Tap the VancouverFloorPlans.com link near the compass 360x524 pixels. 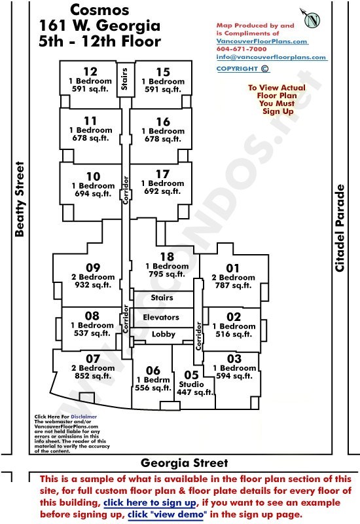262,41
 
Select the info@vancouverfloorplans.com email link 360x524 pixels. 271,57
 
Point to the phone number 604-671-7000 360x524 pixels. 241,48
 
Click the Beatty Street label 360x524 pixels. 20,199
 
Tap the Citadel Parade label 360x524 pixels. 339,228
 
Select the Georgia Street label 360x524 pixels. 184,463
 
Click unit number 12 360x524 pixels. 90,71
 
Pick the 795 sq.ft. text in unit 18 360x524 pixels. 167,274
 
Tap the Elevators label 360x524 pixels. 161,317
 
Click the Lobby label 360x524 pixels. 163,334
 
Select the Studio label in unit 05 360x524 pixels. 191,384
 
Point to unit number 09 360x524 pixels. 93,267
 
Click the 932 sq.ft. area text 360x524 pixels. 93,285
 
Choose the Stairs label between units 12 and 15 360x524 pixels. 124,79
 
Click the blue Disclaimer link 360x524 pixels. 84,417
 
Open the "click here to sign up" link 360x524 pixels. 150,502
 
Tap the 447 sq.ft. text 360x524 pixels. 194,392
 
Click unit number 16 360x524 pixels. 163,122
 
